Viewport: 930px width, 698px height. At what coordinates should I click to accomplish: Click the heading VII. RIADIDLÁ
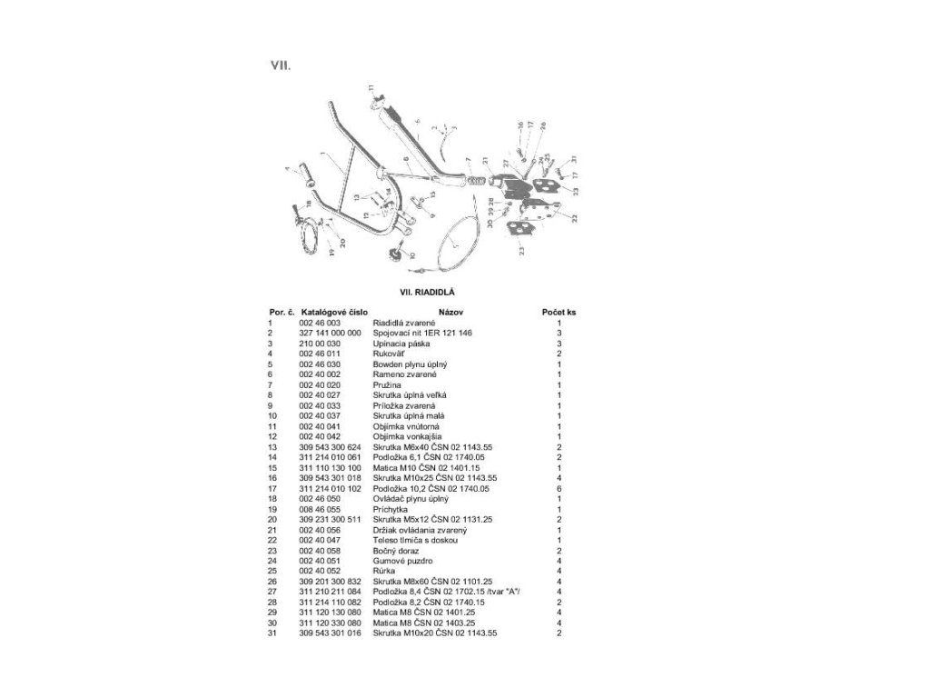point(421,292)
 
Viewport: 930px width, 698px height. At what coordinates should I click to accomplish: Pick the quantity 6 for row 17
point(559,488)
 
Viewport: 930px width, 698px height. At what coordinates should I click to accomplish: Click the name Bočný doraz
point(395,550)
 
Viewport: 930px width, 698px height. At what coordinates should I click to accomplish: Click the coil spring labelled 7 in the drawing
point(473,181)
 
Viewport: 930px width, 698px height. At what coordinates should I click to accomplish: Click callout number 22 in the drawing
point(573,216)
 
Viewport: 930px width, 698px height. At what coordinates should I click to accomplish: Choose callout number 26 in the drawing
point(543,125)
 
